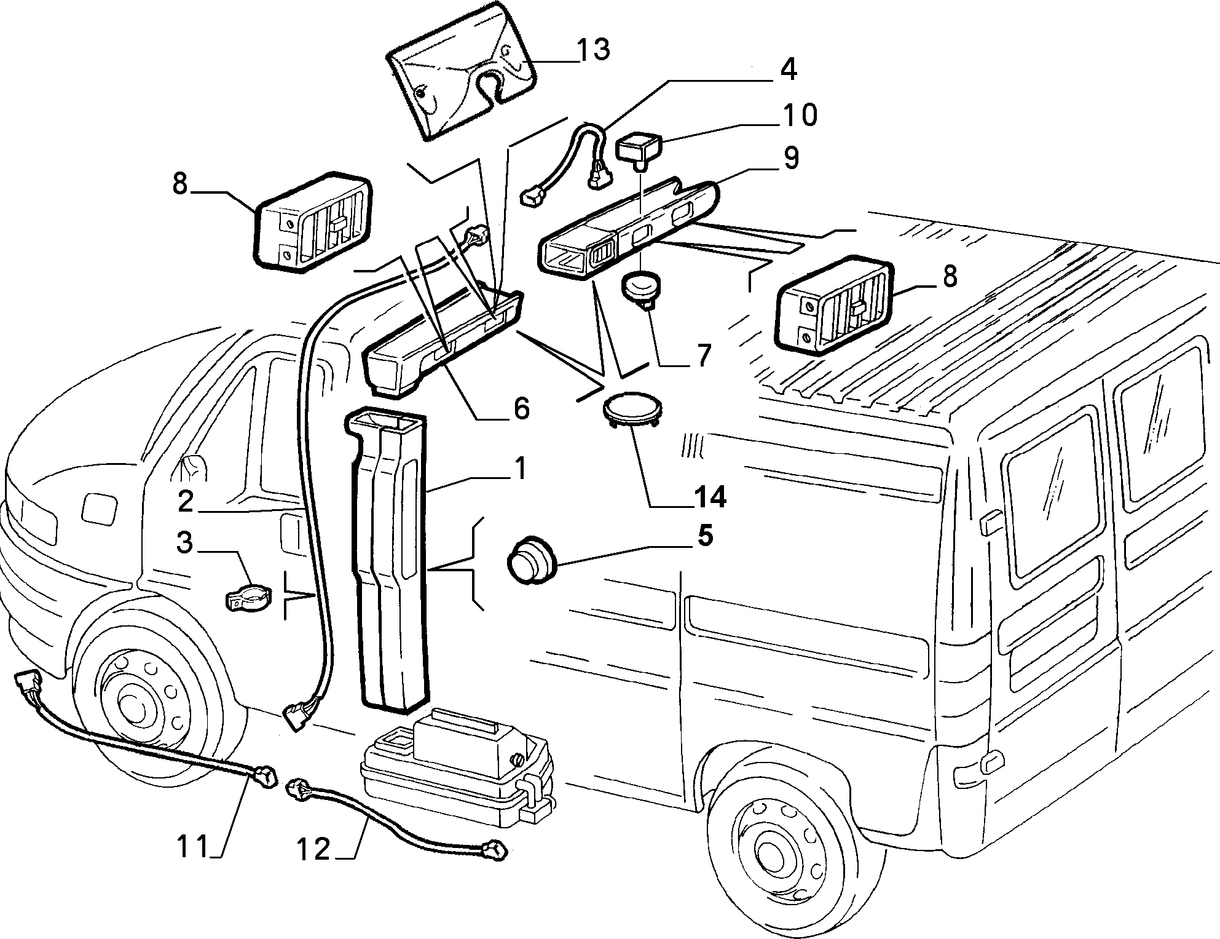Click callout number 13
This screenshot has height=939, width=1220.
click(593, 50)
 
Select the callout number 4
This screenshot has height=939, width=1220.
click(788, 69)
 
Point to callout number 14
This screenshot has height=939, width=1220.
click(710, 497)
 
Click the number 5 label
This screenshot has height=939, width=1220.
click(705, 536)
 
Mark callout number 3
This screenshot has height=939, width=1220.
click(184, 543)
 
